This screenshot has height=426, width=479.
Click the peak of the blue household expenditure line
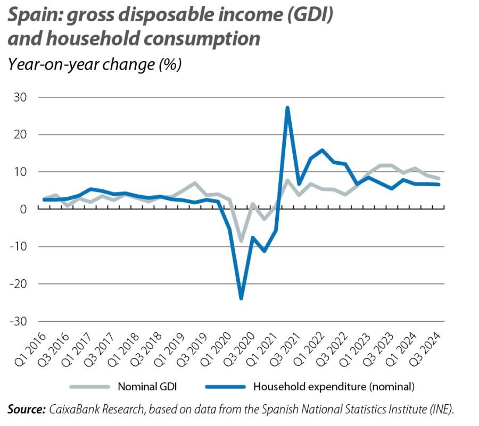(287, 107)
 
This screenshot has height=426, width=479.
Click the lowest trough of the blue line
(241, 298)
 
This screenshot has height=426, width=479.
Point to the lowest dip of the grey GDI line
(241, 241)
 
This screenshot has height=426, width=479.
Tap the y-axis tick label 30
(21, 97)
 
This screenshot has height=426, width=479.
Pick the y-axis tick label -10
(19, 246)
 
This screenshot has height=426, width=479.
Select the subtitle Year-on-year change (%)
(95, 64)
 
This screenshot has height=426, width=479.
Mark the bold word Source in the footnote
(26, 410)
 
